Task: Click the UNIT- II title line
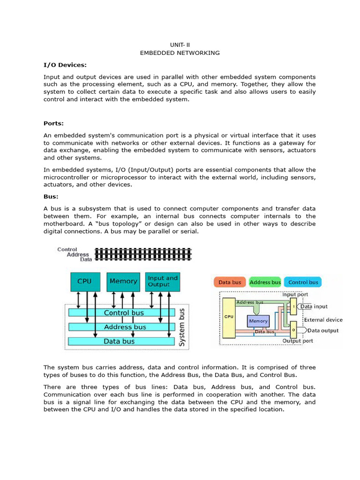point(180,45)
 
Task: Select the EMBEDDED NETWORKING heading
point(180,53)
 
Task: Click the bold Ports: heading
point(53,124)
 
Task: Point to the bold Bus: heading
point(51,196)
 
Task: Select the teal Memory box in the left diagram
point(123,281)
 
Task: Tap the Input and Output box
point(162,281)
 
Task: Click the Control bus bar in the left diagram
point(124,313)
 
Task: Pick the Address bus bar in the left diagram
point(124,327)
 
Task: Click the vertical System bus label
point(182,327)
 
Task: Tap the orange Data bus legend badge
point(230,282)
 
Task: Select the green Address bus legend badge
point(265,282)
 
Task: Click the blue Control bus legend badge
point(303,282)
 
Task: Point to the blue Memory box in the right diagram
point(258,321)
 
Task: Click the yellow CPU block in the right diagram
point(229,317)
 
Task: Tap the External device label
point(323,320)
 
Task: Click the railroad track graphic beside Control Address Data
point(143,254)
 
